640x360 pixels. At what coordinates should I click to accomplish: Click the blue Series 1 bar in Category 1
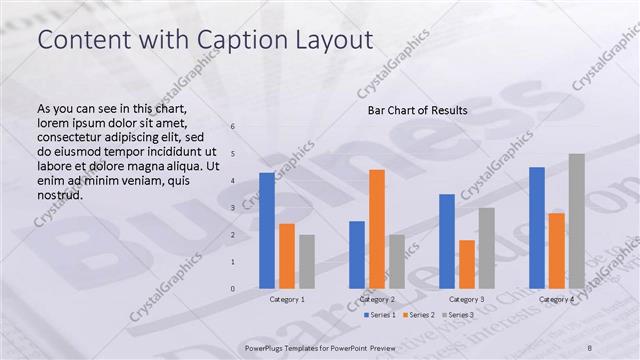[267, 231]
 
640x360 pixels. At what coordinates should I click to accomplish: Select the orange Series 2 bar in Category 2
[377, 229]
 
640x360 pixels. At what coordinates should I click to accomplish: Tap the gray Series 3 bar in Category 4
[577, 221]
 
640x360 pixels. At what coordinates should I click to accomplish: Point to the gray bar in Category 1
[307, 262]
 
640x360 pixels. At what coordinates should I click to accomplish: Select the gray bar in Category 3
[487, 248]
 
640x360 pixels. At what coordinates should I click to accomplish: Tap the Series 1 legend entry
[379, 315]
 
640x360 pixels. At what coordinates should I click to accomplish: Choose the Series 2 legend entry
[419, 315]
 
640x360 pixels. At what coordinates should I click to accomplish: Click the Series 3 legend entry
[458, 315]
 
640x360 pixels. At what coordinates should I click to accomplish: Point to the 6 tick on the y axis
[233, 127]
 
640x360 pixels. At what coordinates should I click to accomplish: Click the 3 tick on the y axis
[233, 208]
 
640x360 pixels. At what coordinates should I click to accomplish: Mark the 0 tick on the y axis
[233, 289]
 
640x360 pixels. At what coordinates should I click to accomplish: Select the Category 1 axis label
[287, 299]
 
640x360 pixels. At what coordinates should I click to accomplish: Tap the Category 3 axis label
[467, 299]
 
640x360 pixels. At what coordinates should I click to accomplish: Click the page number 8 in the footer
[590, 347]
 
